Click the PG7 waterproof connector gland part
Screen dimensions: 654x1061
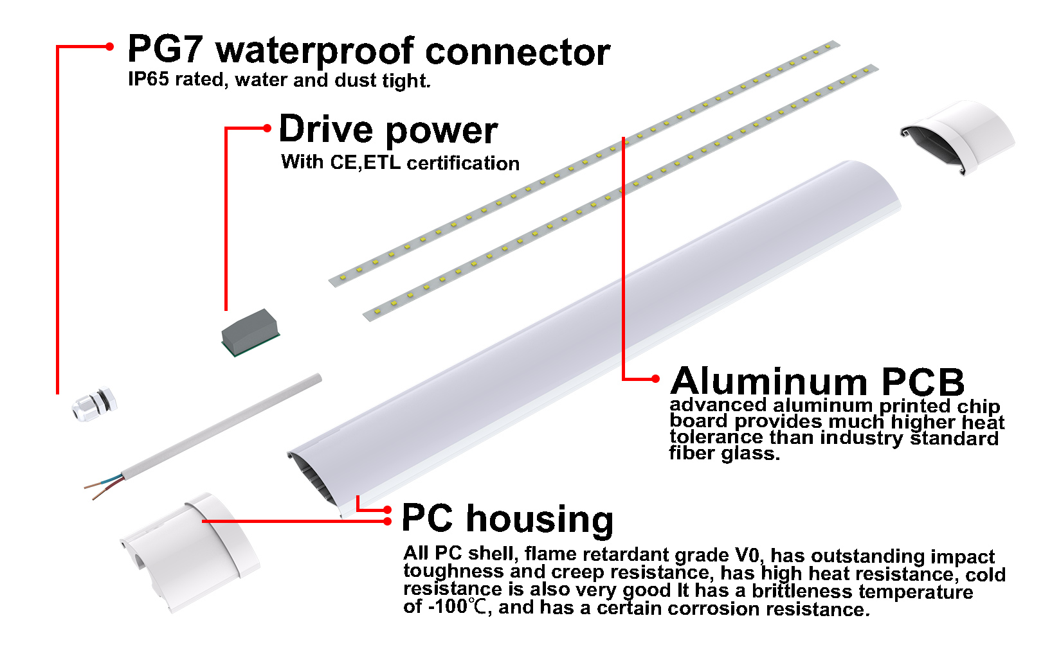(x=95, y=403)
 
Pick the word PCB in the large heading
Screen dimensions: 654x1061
(x=923, y=382)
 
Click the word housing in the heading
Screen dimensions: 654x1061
(x=540, y=519)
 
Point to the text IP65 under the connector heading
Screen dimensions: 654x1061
(x=148, y=79)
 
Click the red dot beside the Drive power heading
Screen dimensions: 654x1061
(x=268, y=128)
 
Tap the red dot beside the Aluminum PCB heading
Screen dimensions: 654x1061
(x=655, y=379)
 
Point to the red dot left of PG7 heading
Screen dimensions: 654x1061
(x=110, y=46)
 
